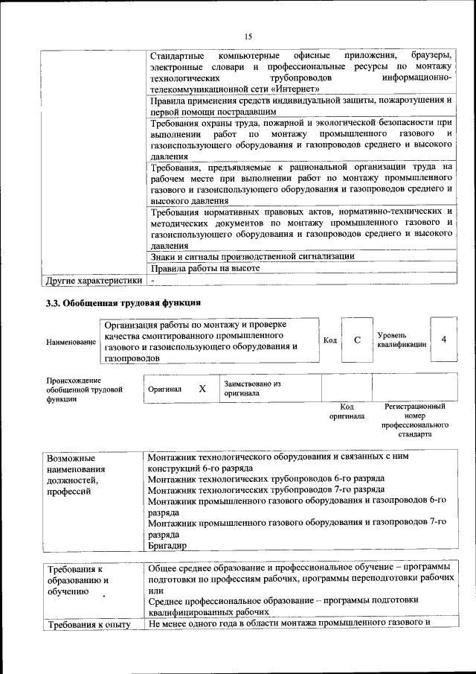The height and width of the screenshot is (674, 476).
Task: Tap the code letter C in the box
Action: [357, 340]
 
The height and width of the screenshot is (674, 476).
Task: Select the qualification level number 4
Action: [444, 340]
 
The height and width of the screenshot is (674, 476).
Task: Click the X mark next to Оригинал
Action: [202, 389]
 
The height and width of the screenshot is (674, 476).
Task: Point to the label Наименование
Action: [71, 342]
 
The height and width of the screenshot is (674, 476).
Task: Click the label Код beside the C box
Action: [330, 340]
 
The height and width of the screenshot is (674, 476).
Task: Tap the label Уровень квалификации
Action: [402, 340]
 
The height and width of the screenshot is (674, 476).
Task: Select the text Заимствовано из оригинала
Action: [252, 388]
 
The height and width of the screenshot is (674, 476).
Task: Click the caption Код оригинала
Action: [347, 412]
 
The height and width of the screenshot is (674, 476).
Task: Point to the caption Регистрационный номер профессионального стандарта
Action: [414, 421]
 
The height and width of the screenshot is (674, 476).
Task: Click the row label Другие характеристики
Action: [93, 281]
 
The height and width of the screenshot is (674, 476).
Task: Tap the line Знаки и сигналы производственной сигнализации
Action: [251, 255]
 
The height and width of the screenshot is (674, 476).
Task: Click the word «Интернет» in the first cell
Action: [292, 89]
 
